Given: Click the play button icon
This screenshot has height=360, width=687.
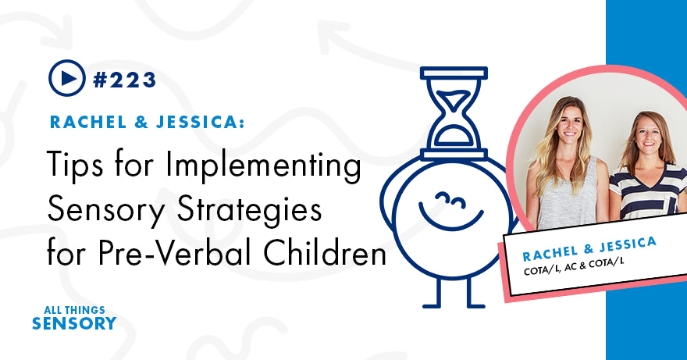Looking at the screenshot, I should [67, 78].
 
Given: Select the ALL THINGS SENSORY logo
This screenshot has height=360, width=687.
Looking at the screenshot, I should [74, 316].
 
